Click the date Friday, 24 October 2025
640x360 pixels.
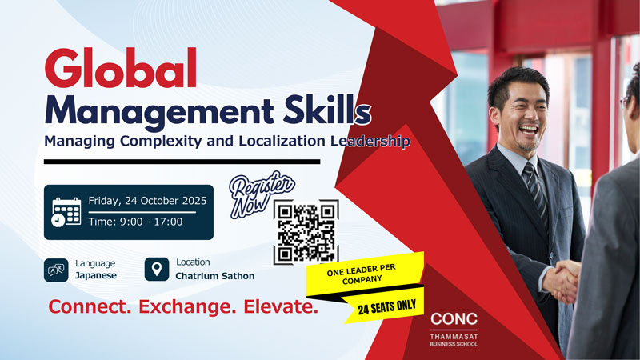click(x=148, y=201)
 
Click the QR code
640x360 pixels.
click(x=306, y=232)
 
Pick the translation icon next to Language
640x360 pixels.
click(x=55, y=270)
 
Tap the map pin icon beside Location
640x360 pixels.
click(x=156, y=269)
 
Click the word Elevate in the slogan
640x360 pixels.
click(x=273, y=307)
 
